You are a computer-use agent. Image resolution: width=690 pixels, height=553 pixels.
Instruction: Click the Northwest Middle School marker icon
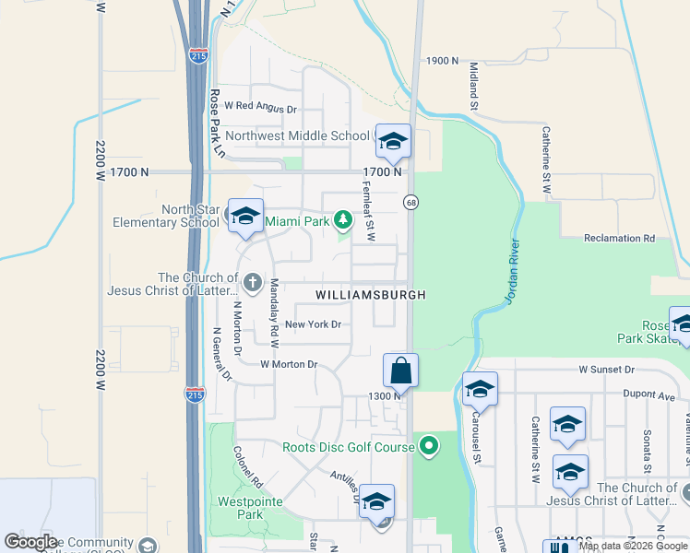point(393,142)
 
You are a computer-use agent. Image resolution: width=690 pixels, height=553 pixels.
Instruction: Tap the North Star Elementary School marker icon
point(245,217)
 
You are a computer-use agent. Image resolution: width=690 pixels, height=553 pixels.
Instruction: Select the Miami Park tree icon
point(343,219)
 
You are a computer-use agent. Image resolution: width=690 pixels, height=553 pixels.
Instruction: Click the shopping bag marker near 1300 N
point(400,371)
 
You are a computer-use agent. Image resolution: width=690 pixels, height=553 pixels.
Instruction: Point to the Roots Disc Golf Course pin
point(428,448)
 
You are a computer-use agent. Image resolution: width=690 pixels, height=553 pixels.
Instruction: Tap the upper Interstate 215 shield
point(198,55)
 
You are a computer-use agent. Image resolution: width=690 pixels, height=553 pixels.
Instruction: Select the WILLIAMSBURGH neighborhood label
point(371,295)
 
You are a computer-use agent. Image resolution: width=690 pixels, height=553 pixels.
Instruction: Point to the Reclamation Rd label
point(619,238)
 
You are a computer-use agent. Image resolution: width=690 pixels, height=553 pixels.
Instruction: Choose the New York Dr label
point(313,324)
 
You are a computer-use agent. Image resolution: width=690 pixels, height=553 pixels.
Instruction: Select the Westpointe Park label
point(244,509)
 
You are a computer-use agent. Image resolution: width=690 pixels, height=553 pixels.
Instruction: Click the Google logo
point(31,542)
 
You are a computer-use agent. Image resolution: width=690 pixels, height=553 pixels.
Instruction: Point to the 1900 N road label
point(442,61)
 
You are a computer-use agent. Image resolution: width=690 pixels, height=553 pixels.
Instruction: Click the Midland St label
point(474,86)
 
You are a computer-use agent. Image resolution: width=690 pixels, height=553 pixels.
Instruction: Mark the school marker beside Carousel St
point(480,391)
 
